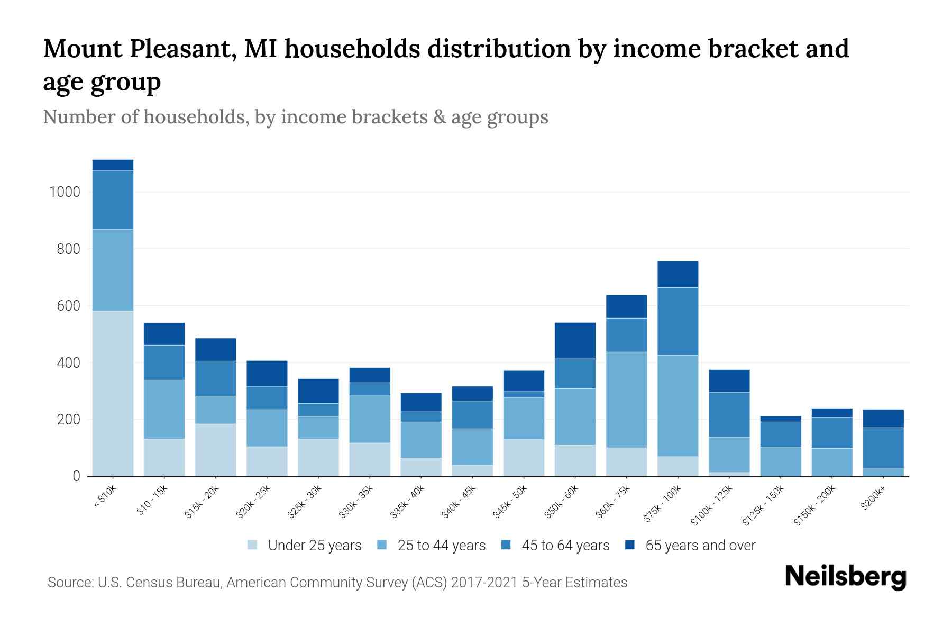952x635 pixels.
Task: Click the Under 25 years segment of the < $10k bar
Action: [x=113, y=393]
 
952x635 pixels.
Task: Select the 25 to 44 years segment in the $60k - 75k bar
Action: [x=626, y=400]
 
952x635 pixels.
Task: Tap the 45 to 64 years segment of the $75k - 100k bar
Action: [x=678, y=321]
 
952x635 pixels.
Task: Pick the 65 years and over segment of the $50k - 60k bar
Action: [x=575, y=341]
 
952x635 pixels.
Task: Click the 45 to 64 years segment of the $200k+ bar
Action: [x=883, y=448]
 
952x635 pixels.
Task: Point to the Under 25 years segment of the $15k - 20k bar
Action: [x=215, y=450]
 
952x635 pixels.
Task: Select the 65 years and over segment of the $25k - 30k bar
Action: [x=318, y=391]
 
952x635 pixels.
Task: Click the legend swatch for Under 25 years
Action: [x=253, y=545]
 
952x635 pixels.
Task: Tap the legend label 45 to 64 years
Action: [x=565, y=545]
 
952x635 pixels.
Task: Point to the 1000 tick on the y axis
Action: [x=65, y=192]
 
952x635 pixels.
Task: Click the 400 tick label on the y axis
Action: [x=69, y=363]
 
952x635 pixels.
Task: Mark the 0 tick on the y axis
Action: [x=77, y=476]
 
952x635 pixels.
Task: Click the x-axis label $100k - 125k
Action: [x=712, y=506]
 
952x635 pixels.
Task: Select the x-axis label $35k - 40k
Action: [x=407, y=503]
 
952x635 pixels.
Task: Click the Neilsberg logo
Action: [x=845, y=577]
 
